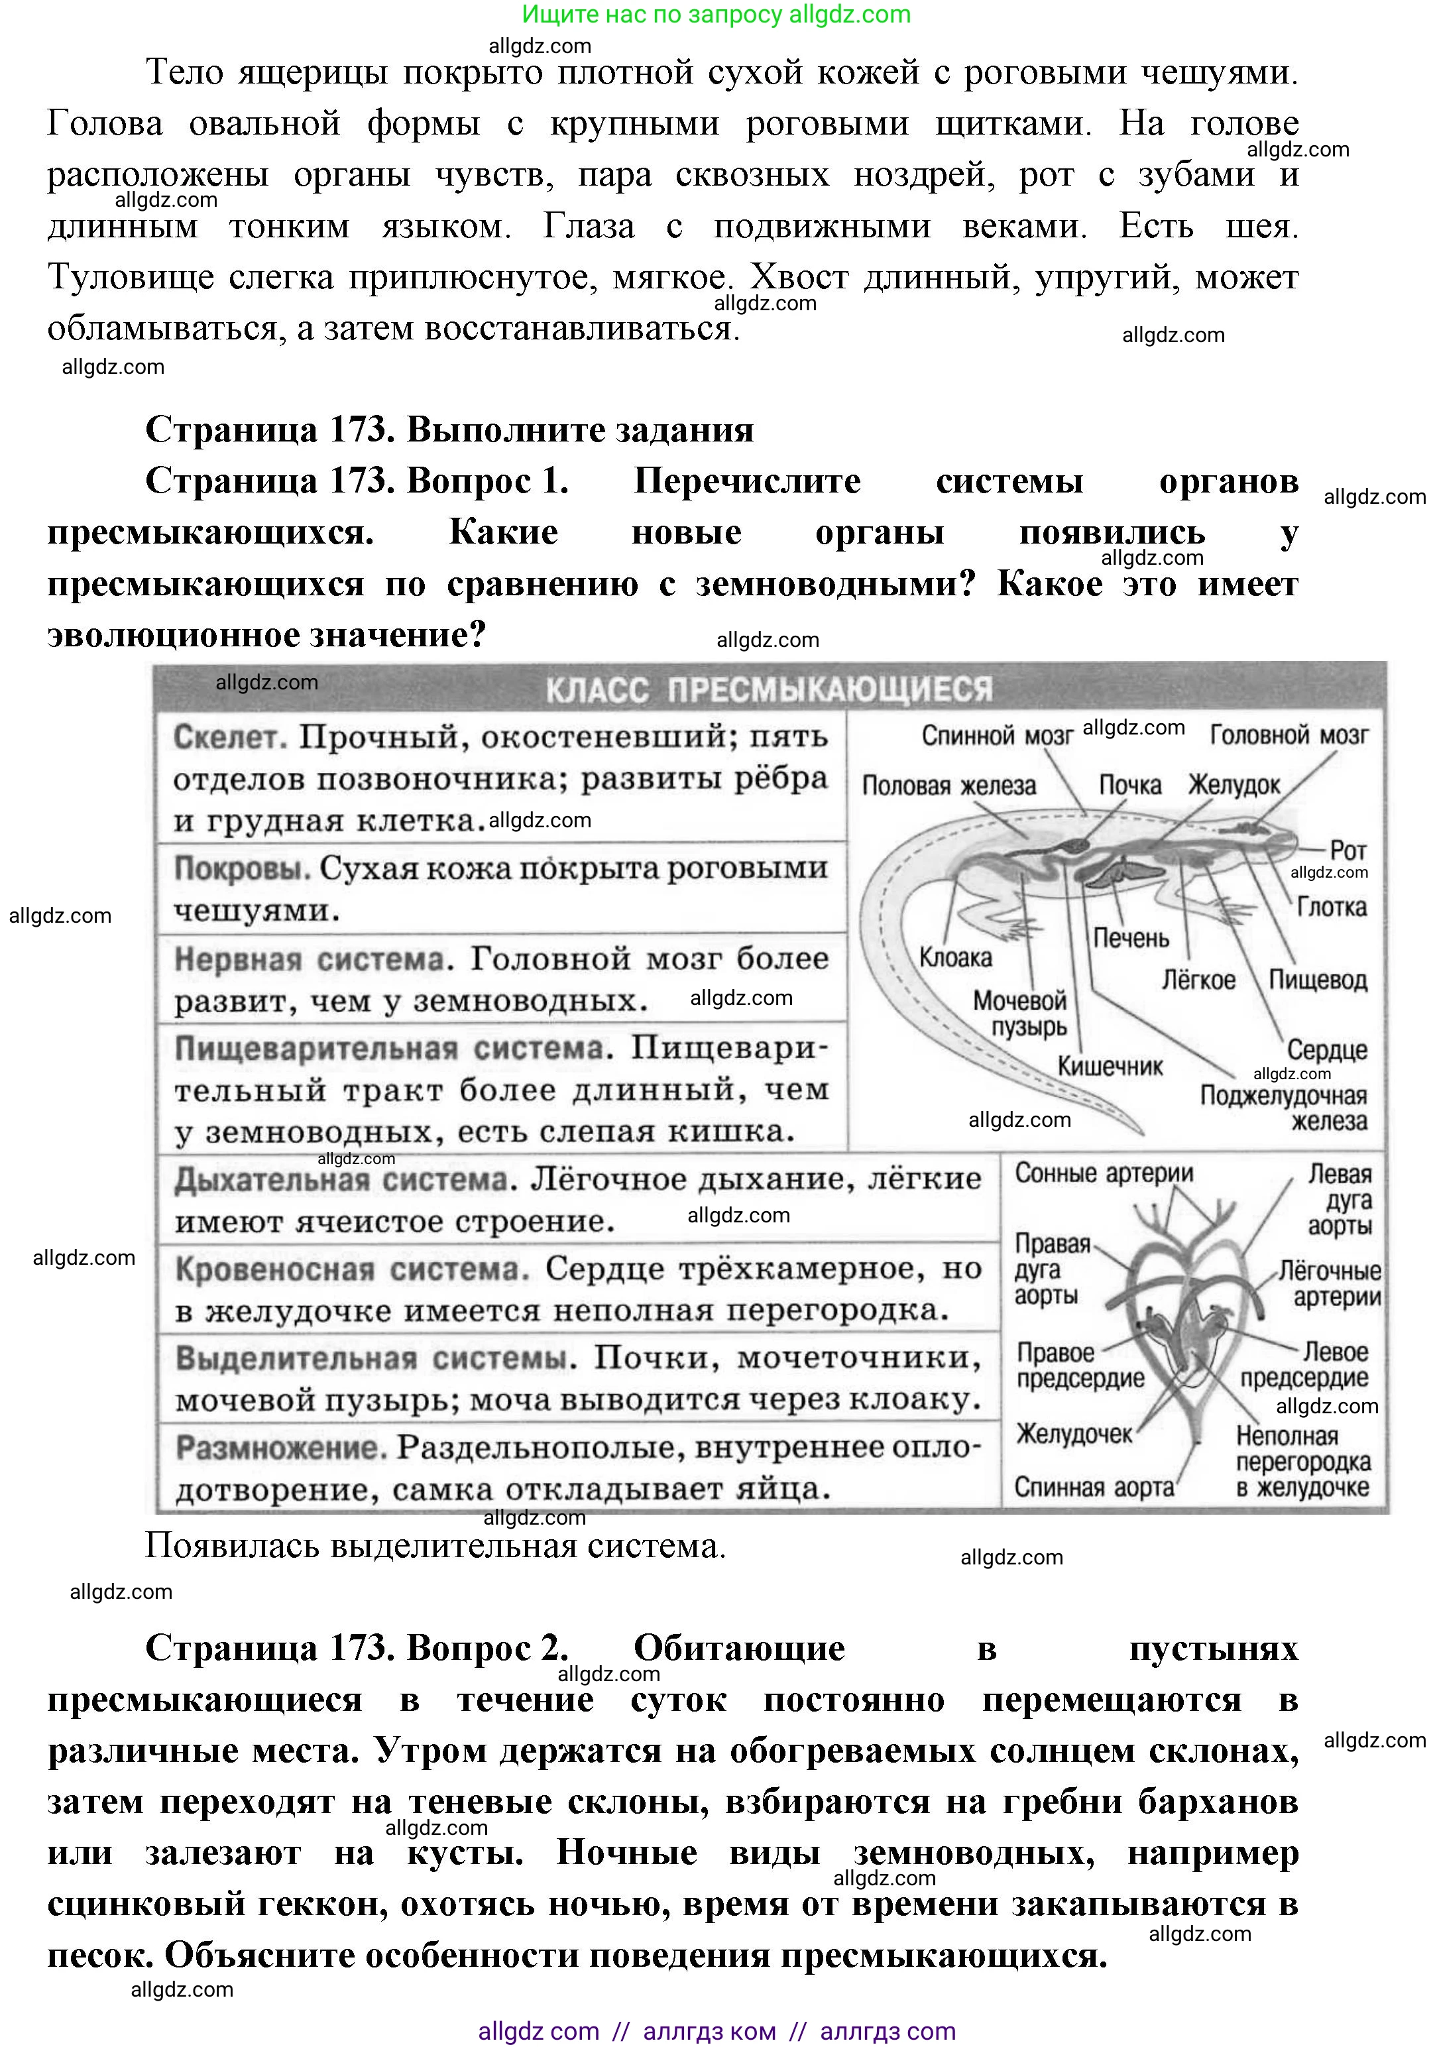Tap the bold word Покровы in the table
[241, 868]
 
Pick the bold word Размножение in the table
[280, 1448]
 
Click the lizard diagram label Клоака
[955, 958]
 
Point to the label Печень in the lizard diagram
[1130, 938]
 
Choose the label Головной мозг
[1288, 735]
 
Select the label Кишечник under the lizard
[1110, 1067]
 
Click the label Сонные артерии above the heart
[1103, 1173]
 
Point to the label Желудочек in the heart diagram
[1074, 1434]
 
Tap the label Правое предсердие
[1080, 1366]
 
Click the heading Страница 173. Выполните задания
[449, 430]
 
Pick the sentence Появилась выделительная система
[435, 1547]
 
